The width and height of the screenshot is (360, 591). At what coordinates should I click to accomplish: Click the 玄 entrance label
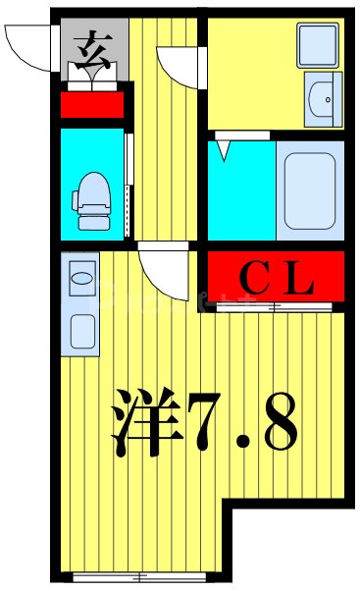[x=92, y=46]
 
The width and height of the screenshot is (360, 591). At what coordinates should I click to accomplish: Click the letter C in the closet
[x=255, y=278]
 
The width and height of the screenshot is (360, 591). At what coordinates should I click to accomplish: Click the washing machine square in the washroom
[x=318, y=43]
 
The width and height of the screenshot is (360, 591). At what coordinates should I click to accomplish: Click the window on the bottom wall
[x=143, y=576]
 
